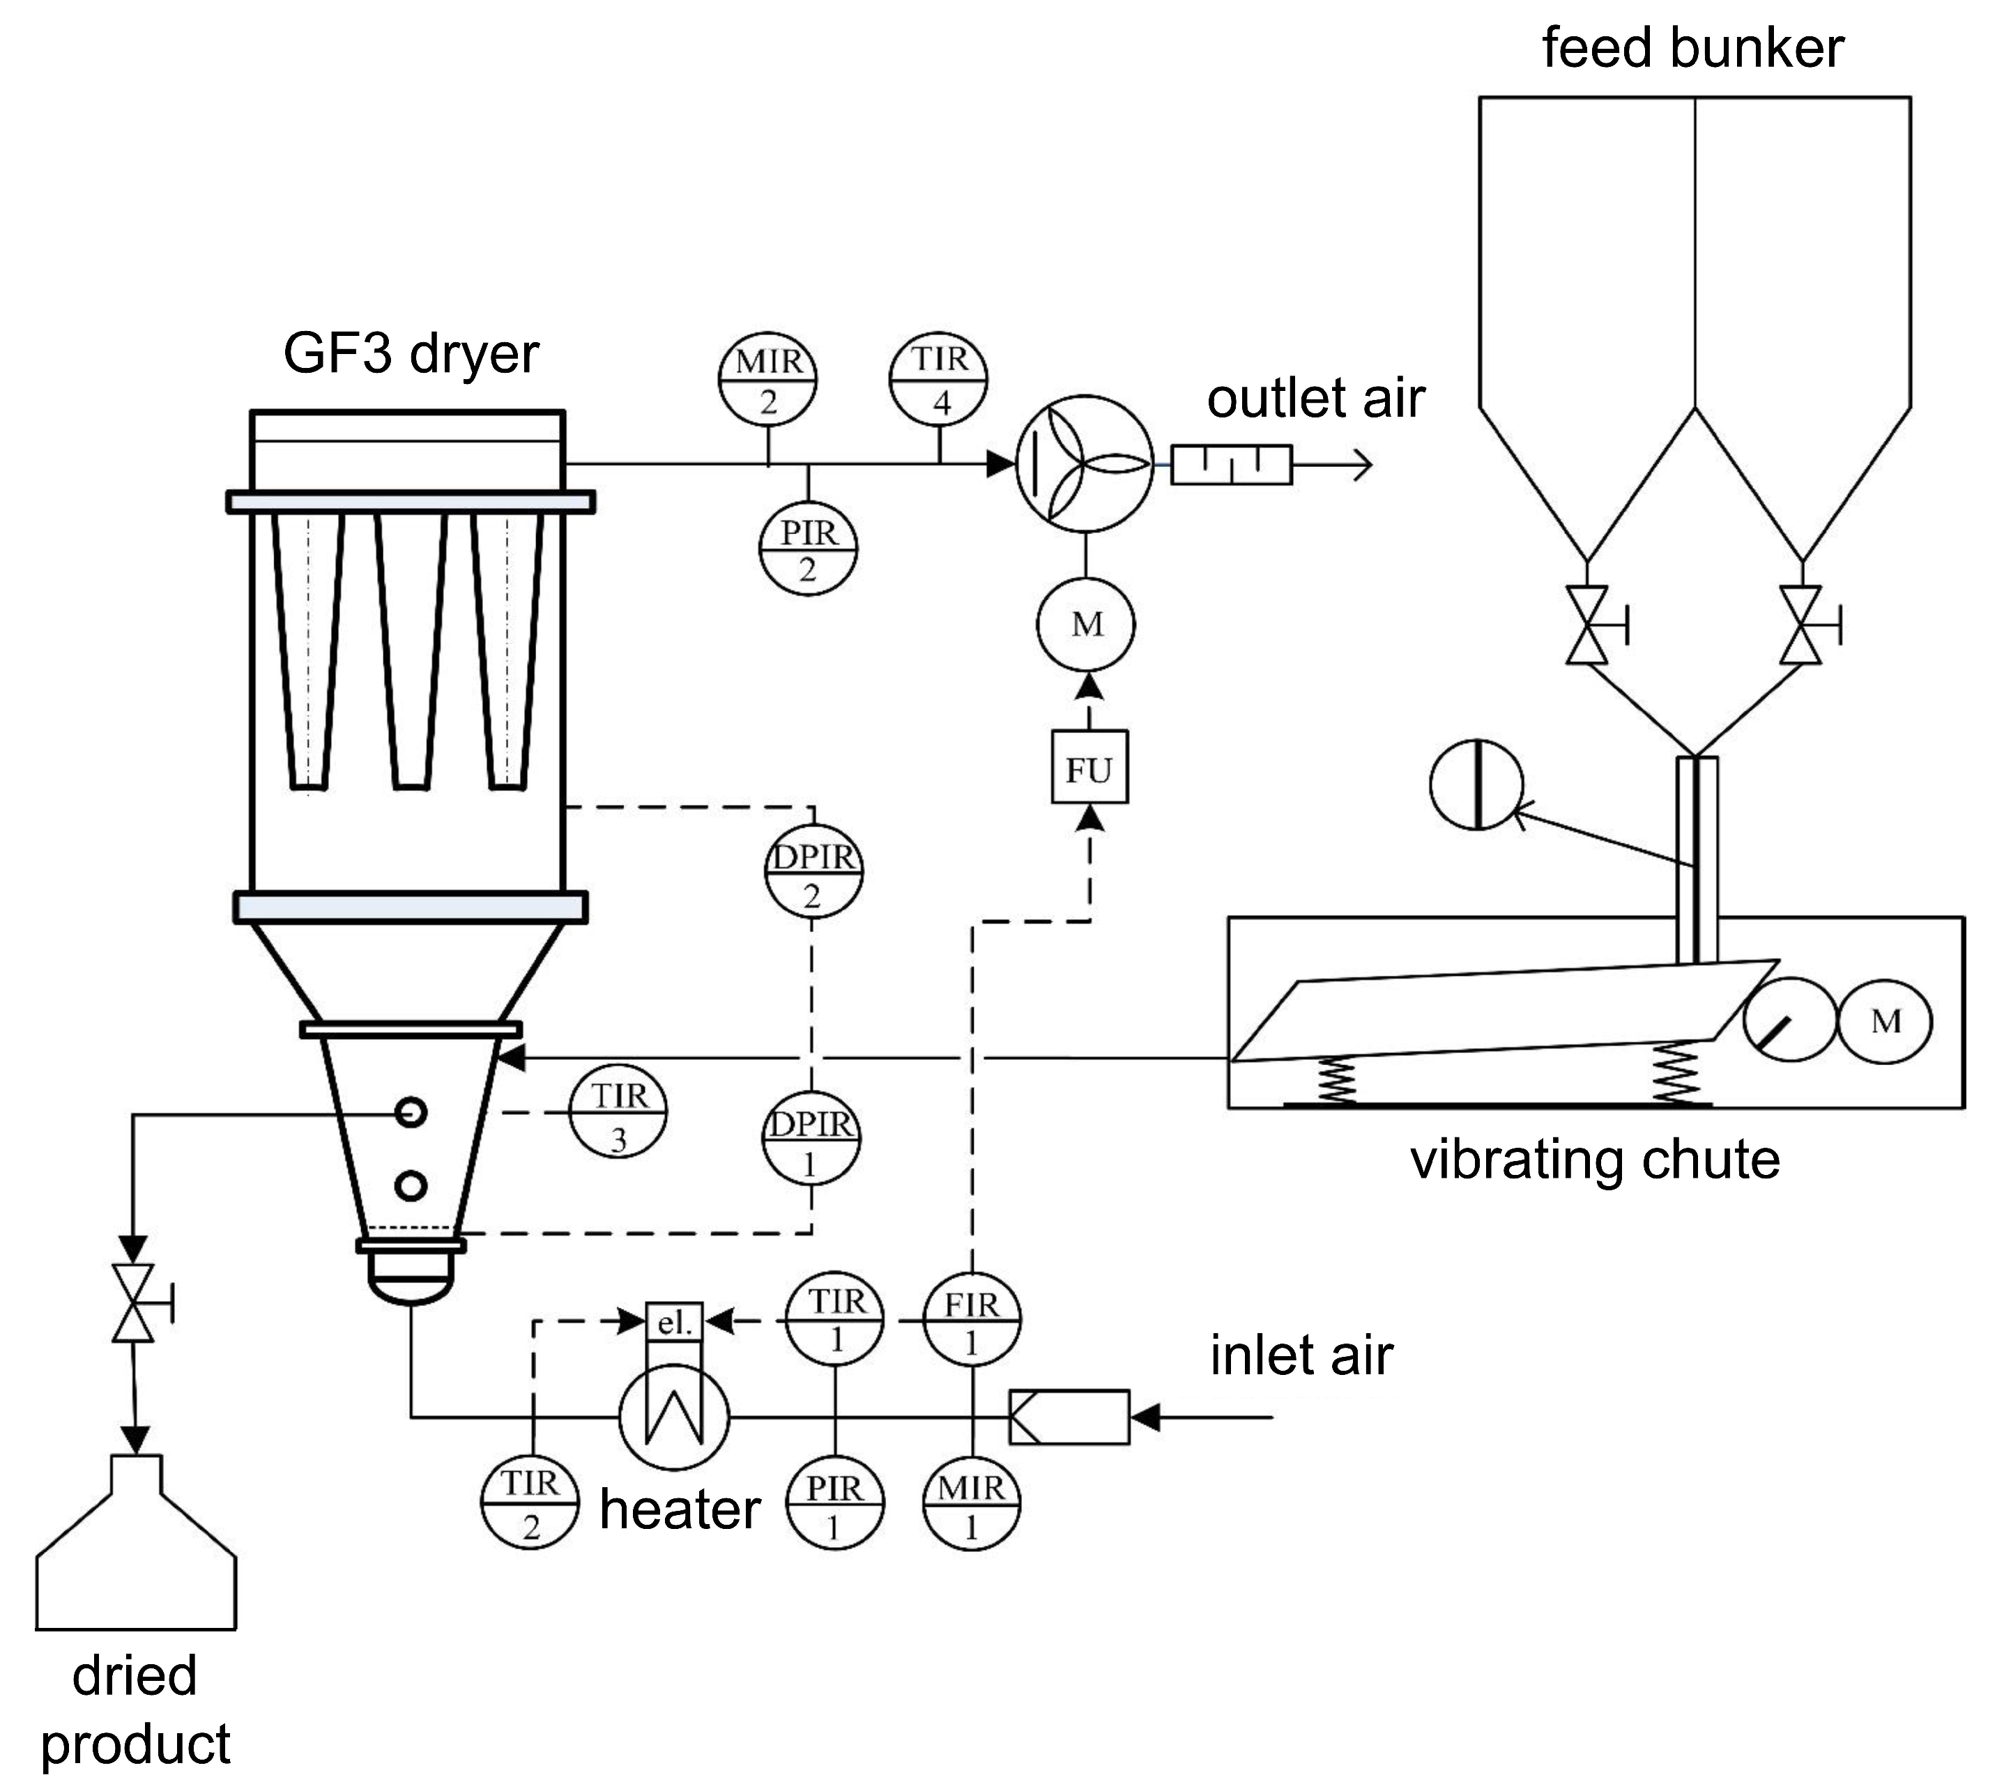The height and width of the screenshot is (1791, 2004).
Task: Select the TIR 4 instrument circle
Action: [939, 380]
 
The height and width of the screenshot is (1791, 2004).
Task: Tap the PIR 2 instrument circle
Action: [808, 551]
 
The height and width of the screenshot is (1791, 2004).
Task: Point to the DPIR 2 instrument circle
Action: [813, 875]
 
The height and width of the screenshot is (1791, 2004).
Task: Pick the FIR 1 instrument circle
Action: [972, 1321]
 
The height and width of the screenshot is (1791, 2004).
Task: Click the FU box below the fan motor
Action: [1089, 769]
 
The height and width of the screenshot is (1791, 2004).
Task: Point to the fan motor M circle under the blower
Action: [1087, 624]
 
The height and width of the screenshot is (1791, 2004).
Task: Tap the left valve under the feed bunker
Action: [1586, 625]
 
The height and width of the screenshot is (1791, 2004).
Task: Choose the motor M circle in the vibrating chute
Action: [1885, 1022]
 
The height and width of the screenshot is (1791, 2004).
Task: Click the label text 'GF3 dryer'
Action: [411, 354]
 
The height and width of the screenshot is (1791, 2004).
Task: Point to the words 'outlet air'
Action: [1315, 399]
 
